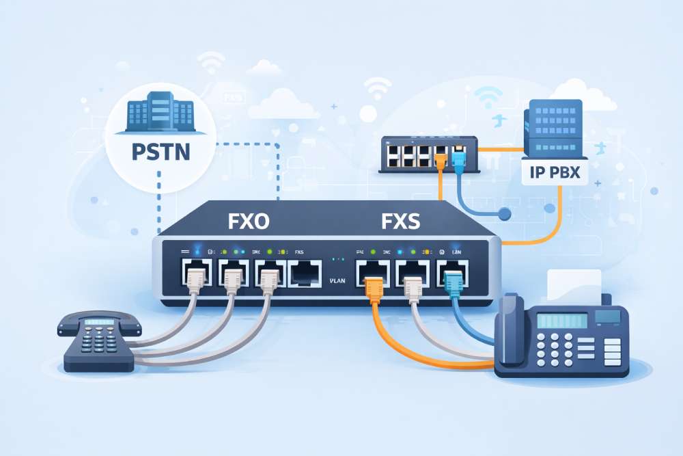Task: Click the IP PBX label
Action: (554, 172)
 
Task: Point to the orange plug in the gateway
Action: (374, 285)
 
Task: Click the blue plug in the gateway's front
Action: (451, 281)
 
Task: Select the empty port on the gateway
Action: (305, 274)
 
